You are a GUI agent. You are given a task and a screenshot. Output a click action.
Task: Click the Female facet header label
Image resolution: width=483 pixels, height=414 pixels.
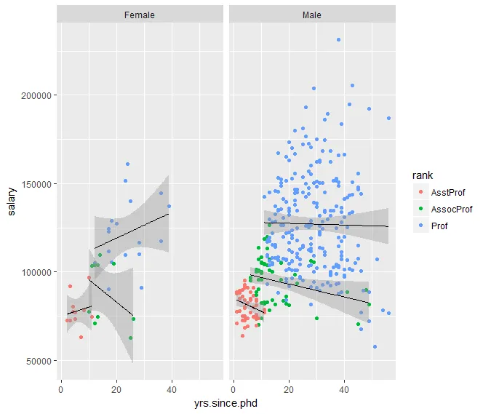pos(139,15)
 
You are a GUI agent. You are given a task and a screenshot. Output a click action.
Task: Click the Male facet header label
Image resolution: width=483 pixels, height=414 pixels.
pos(311,15)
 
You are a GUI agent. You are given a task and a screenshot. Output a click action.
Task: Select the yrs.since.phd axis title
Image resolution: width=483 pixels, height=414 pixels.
pos(225,402)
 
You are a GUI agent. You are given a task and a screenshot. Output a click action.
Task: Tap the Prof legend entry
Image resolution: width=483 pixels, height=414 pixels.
pos(439,226)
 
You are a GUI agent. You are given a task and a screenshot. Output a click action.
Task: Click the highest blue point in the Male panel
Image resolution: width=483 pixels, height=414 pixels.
pos(339,40)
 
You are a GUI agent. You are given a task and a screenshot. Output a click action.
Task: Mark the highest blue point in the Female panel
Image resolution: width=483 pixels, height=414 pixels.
pos(127,164)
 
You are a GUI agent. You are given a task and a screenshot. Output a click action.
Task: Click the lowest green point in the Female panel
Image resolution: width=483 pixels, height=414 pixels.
pos(131,338)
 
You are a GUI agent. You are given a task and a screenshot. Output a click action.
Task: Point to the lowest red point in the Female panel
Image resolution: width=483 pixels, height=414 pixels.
pos(81,338)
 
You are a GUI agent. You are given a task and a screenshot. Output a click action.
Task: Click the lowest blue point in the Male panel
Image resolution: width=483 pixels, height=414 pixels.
pos(375,347)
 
